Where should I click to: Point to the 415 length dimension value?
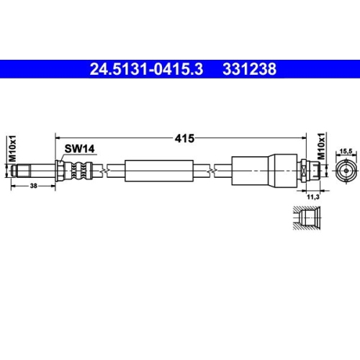pyautogui.click(x=184, y=137)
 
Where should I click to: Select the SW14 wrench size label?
pyautogui.click(x=79, y=149)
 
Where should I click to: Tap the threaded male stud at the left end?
pyautogui.click(x=29, y=170)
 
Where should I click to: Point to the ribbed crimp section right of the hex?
pyautogui.click(x=80, y=170)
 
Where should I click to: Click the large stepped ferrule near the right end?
pyautogui.click(x=263, y=170)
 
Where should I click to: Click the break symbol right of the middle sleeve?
pyautogui.click(x=210, y=170)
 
